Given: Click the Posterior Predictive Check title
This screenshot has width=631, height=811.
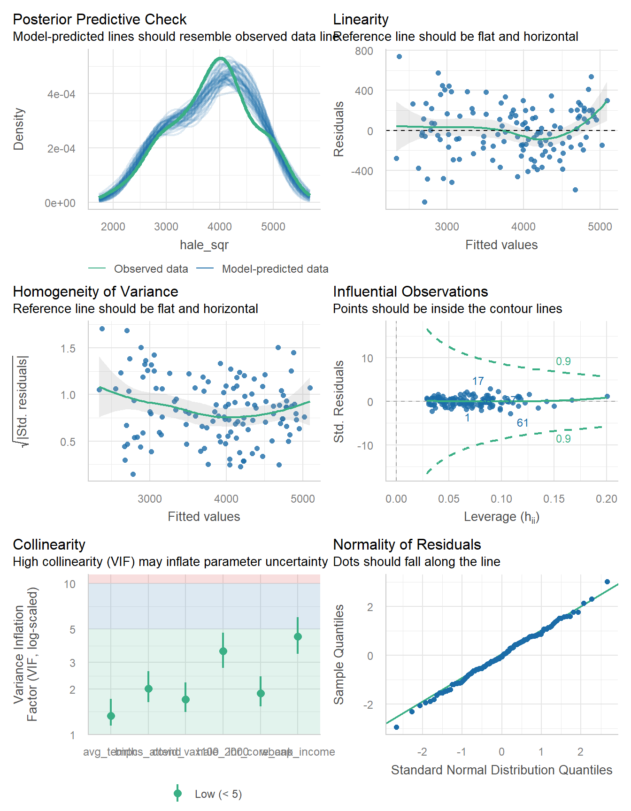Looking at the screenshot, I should tap(100, 19).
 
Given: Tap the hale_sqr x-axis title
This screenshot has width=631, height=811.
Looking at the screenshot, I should tap(204, 245).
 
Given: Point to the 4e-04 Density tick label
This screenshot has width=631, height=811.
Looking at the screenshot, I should tap(61, 94).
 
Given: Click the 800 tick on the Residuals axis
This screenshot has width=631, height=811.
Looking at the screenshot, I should tap(364, 51).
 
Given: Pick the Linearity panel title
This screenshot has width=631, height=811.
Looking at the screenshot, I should tap(361, 19).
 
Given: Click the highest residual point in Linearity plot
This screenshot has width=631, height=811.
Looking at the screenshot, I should tap(399, 57).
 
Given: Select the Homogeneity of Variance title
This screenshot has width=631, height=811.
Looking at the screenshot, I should tap(95, 291).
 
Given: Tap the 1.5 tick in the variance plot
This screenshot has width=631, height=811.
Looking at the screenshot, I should tap(68, 348).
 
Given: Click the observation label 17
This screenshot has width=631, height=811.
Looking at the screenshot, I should tap(478, 381).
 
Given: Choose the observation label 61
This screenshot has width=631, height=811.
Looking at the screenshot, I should tap(523, 423).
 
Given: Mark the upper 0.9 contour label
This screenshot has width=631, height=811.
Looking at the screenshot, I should tap(563, 361).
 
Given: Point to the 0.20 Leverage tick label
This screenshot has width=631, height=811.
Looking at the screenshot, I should tap(606, 498).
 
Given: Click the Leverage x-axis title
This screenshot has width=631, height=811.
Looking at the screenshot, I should tap(501, 517).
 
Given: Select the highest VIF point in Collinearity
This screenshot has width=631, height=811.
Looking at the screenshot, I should tap(298, 636).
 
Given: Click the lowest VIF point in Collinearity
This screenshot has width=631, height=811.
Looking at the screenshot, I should tap(111, 716).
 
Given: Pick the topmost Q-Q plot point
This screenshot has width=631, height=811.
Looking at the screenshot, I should tap(607, 581).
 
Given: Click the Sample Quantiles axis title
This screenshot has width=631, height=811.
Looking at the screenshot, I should tap(339, 654).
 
